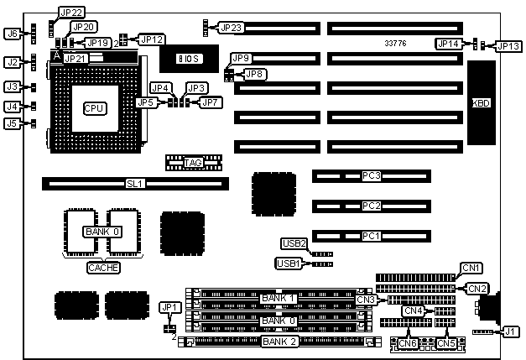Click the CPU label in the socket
click(x=93, y=108)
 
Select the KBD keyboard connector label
click(x=482, y=103)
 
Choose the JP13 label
click(x=508, y=46)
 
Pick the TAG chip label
click(x=193, y=162)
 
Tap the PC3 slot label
click(x=372, y=176)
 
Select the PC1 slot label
click(x=372, y=236)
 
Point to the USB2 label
click(x=294, y=244)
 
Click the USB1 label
click(x=288, y=263)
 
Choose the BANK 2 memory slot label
click(x=279, y=342)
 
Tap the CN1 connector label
click(x=471, y=268)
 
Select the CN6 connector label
click(x=409, y=342)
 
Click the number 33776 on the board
click(x=396, y=43)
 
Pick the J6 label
click(x=12, y=34)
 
